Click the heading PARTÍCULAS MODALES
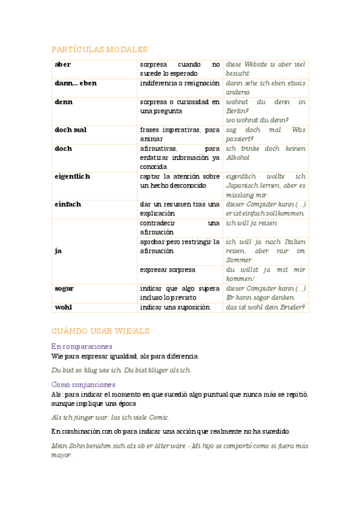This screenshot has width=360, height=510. pos(99,49)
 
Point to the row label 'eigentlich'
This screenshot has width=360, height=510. pos(72,176)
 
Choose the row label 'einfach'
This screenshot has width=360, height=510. pos(67,204)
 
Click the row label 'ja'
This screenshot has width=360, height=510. pos(58,251)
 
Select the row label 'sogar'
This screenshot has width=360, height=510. pos(64,288)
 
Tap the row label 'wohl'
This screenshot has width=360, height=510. pos(63,307)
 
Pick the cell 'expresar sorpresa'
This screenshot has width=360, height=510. pos(167,269)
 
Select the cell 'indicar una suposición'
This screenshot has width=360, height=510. pos(174,307)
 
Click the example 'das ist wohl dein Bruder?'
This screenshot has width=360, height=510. pos(265,307)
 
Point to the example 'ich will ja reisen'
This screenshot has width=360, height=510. pos(251,223)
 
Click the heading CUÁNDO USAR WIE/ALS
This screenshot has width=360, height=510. pos(100,331)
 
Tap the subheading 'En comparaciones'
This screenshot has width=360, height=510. pos(82,346)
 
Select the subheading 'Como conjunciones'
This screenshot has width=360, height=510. pos(84,384)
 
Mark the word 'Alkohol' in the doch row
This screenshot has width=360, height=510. pos(238,158)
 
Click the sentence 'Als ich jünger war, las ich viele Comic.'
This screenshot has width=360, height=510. pos(111,417)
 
